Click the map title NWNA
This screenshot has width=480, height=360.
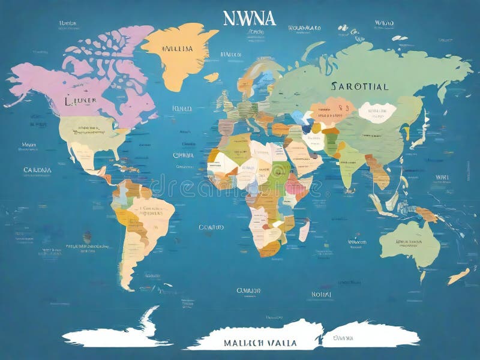(250, 18)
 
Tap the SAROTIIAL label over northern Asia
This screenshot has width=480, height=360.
(359, 86)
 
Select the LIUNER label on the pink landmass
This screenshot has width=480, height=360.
(80, 101)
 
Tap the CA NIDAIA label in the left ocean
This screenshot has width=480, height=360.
(37, 170)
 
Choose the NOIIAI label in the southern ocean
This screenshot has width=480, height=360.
(321, 294)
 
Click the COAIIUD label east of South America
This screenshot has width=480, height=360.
(211, 227)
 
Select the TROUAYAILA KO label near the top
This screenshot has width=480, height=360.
(304, 28)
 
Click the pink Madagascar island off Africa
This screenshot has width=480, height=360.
(304, 230)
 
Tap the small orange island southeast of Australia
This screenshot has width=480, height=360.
(458, 276)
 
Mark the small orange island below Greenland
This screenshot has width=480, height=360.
(211, 77)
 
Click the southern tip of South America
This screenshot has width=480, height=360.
(127, 286)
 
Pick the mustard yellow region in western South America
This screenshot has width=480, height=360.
(124, 216)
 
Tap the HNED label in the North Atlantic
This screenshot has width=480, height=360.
(181, 109)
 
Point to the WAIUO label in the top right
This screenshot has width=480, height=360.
(384, 23)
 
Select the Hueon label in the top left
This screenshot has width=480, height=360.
(68, 23)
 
